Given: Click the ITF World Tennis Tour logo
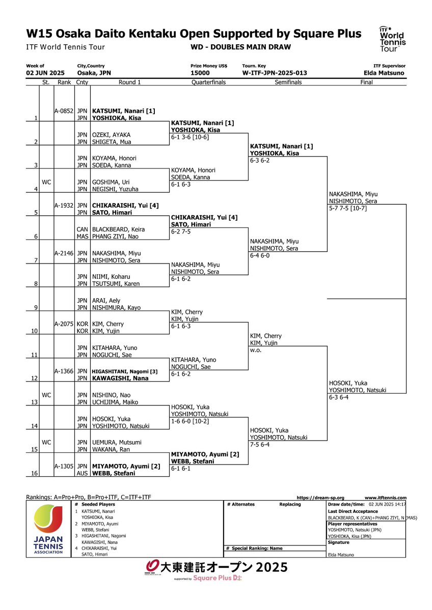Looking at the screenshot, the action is coord(392,39).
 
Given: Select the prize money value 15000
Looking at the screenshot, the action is coord(200,73).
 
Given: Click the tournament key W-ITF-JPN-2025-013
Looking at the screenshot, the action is coord(274,73).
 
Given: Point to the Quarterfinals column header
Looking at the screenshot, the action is coord(208,82).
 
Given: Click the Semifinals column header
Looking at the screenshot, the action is coord(288,82).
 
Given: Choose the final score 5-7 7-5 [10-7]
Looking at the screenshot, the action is coord(348,208).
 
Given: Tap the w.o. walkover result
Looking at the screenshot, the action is coord(256,350).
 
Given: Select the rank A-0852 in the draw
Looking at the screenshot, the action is coord(64,111).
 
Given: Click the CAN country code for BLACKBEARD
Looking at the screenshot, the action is coord(82,229).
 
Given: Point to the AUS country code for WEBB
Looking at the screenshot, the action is coord(82,474).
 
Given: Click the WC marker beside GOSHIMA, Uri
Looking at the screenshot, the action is coord(46,182).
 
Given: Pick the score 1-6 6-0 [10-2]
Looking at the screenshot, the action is coord(190,421).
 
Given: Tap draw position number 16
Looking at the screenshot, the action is coord(34,474).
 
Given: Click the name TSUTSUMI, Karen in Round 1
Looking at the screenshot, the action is coord(116,284).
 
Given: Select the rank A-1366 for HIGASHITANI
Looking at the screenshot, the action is coord(64,371).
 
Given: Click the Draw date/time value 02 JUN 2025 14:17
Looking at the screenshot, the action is coord(387,504).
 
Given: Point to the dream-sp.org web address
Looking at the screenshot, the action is coord(320,498).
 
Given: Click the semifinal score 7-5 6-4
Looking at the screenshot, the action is coord(260,445).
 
